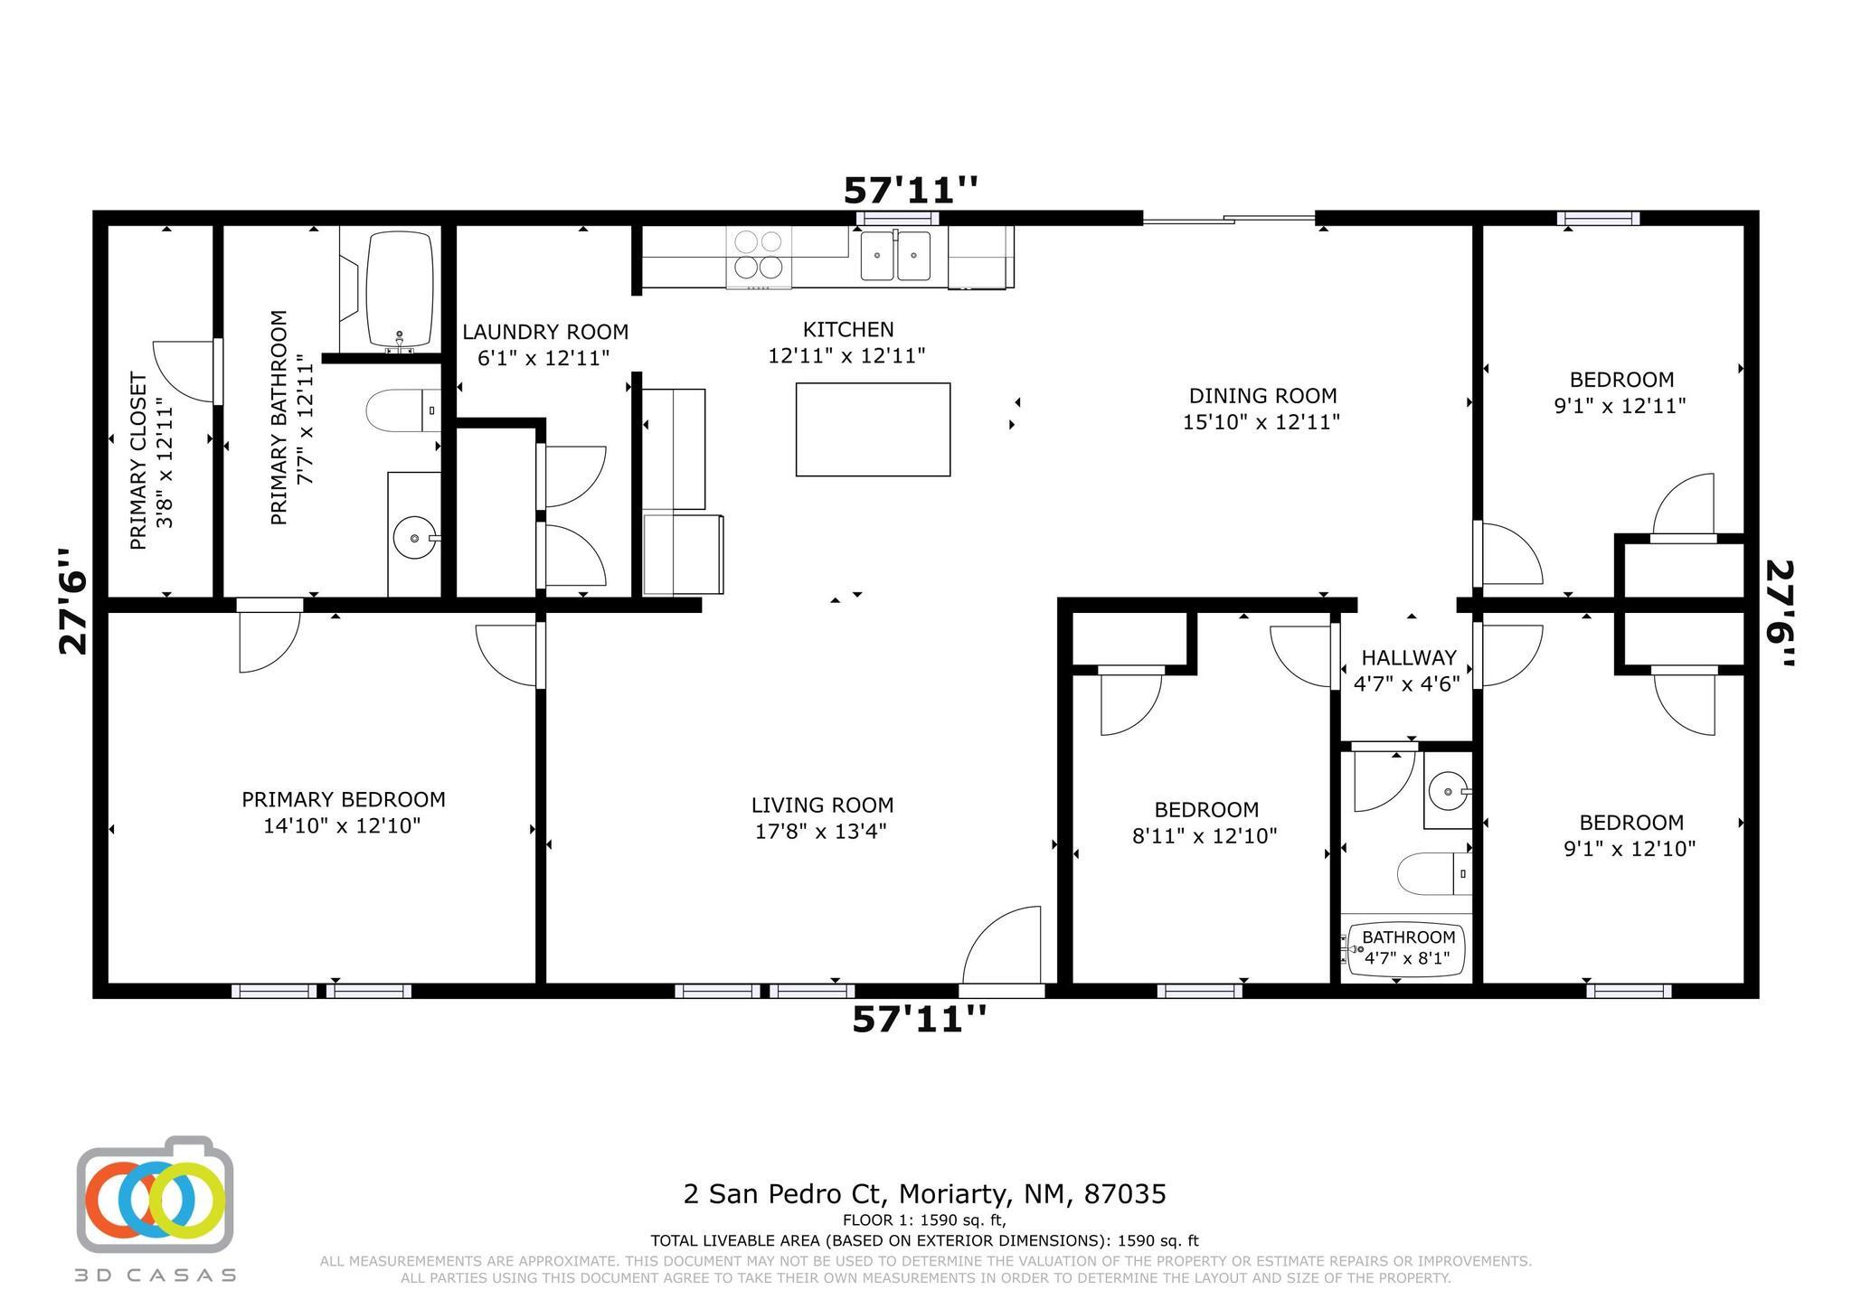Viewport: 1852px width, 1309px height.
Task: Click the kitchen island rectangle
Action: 873,429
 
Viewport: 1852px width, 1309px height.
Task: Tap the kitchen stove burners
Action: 759,255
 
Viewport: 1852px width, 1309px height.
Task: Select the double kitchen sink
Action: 895,256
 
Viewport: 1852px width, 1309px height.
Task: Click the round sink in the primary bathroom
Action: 415,539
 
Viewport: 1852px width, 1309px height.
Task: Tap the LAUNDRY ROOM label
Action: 545,333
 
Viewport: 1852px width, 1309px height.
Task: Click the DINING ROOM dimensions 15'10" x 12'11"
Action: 1261,422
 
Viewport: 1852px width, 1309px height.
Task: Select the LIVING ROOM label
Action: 822,805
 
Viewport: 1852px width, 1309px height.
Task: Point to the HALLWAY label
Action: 1409,658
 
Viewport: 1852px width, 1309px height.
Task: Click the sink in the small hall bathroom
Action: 1448,793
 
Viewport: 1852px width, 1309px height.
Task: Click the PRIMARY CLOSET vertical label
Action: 138,461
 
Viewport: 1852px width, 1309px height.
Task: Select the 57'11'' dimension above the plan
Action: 911,191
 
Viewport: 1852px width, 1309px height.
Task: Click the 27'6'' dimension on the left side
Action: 74,601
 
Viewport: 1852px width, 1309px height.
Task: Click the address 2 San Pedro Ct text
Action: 924,1194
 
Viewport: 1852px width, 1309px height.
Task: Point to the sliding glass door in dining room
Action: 1228,219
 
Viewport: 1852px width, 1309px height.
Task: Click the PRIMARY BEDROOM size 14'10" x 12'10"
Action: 342,825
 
